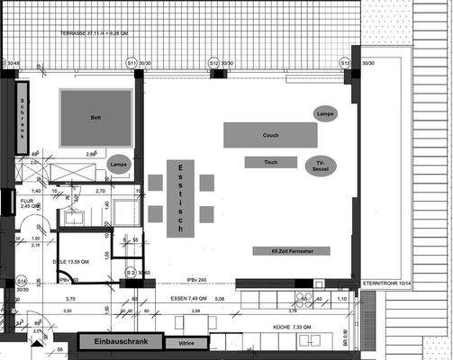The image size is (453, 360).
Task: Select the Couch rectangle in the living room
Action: [x=270, y=136]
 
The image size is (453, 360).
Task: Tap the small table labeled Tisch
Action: [x=270, y=162]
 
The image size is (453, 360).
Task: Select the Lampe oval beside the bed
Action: [x=118, y=166]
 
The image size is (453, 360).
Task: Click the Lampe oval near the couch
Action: [x=326, y=113]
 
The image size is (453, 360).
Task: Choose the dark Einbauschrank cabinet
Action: [x=120, y=341]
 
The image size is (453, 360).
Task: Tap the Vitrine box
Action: [x=186, y=343]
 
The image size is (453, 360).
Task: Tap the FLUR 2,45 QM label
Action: [x=32, y=203]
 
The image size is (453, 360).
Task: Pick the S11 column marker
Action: [x=131, y=64]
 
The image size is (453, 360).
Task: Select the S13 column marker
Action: [x=344, y=64]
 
